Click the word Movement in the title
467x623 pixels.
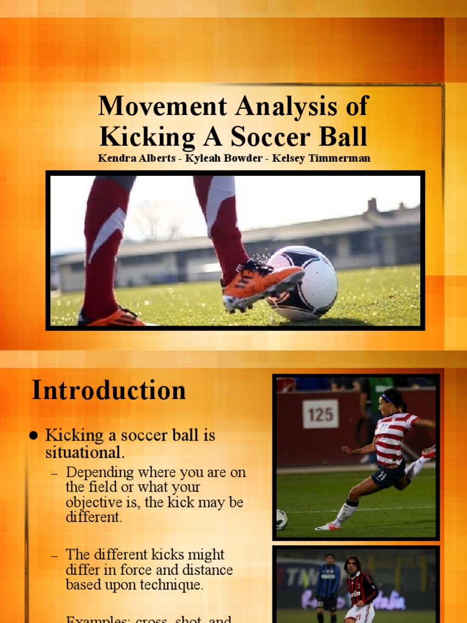[155, 106]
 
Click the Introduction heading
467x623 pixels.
[109, 390]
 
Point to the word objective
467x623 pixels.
[95, 503]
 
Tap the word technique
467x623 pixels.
[172, 585]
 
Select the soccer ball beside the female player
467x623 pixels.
[281, 519]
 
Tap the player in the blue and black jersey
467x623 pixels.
[328, 581]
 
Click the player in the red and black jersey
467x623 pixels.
[359, 587]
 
